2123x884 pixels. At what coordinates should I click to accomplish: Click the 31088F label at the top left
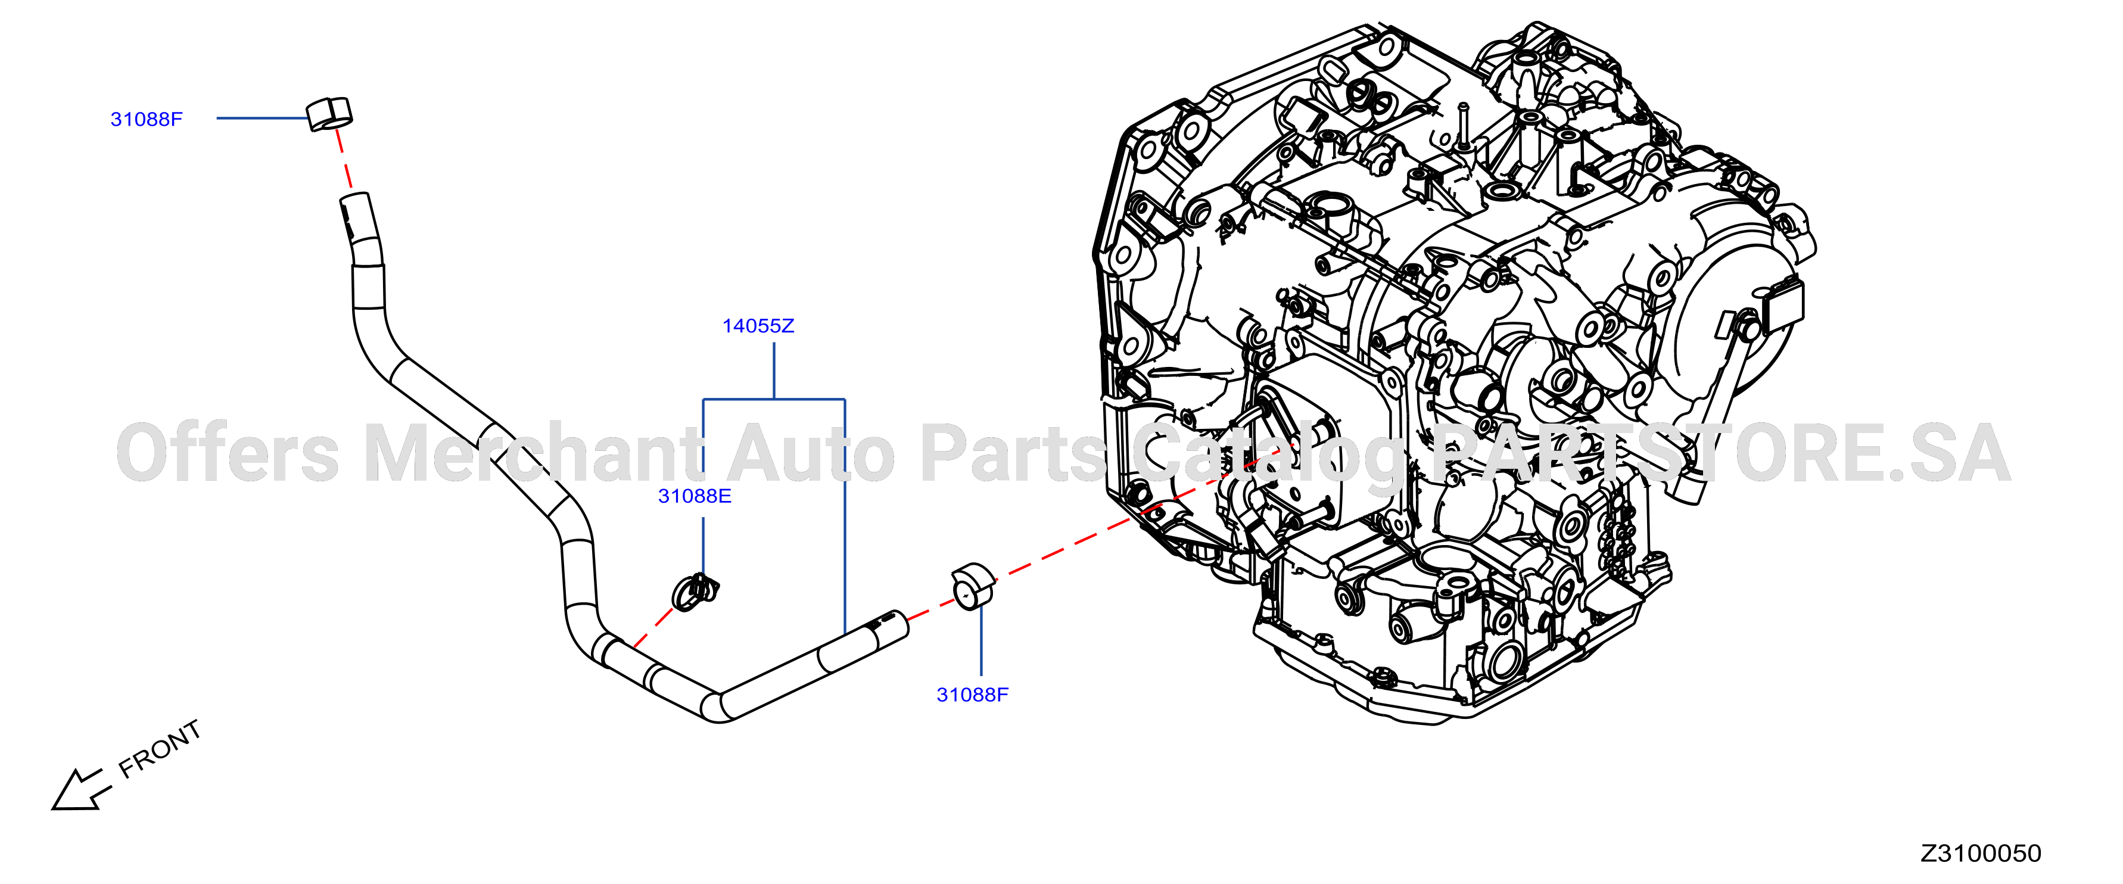(x=147, y=120)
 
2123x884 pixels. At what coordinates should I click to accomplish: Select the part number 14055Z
(x=758, y=326)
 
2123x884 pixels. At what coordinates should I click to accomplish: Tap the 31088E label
(x=695, y=496)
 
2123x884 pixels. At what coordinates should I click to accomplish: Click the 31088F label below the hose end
(x=973, y=695)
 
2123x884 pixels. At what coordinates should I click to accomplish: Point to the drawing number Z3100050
(x=1981, y=854)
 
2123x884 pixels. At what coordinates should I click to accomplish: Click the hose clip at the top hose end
(x=329, y=114)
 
